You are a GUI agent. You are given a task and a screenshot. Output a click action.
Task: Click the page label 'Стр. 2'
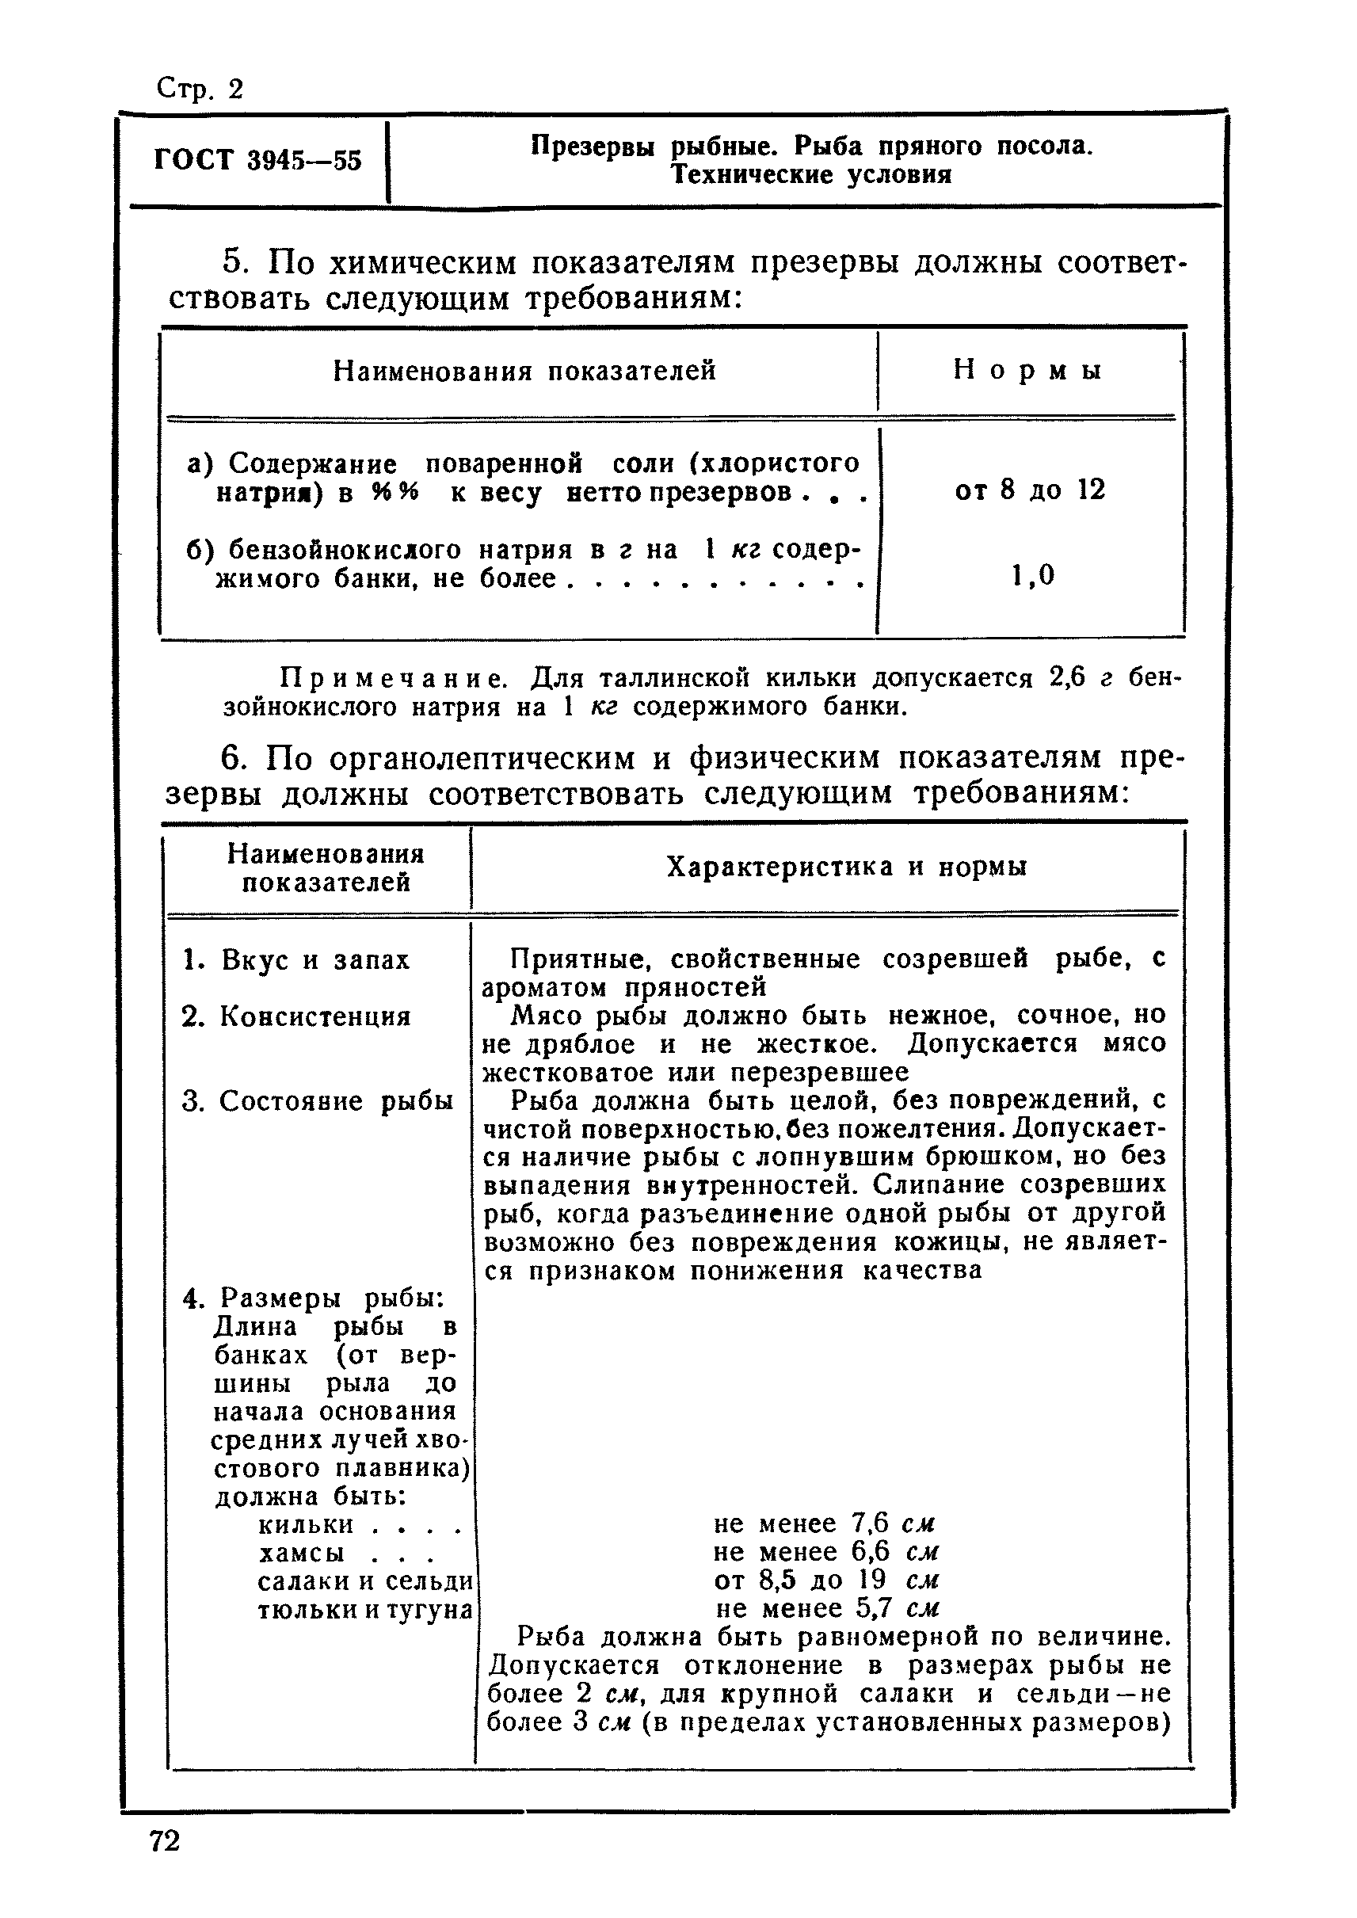click(200, 89)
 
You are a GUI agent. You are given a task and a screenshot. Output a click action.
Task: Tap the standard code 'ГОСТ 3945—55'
click(257, 159)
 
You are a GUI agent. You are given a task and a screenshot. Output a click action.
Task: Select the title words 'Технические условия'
click(811, 176)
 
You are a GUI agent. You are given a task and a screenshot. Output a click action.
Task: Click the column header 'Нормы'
click(1027, 370)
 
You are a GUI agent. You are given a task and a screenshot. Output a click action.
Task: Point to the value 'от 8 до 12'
click(1030, 490)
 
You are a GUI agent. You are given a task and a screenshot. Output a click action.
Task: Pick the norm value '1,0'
click(1033, 575)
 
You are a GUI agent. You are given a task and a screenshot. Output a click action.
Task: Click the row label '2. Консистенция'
click(296, 1017)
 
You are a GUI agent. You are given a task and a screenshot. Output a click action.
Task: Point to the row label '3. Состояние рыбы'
click(318, 1101)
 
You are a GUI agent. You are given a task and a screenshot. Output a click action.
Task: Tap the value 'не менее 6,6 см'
click(825, 1552)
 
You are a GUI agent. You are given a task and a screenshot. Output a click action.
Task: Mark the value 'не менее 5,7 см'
click(827, 1609)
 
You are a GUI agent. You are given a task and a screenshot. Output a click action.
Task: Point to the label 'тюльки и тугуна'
click(365, 1611)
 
